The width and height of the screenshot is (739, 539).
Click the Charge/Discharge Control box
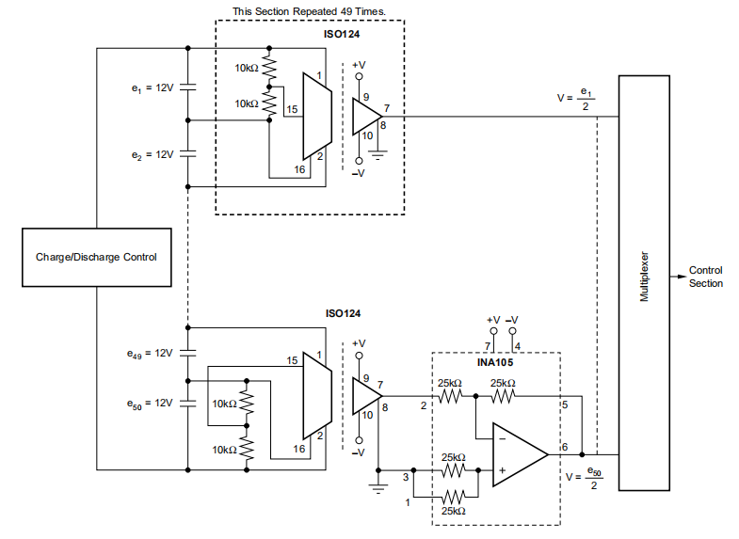96,257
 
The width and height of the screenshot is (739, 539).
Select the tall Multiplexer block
645,279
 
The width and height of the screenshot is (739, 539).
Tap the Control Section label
706,277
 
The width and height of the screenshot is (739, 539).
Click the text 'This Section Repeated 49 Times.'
310,11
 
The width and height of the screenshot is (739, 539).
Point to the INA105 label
496,361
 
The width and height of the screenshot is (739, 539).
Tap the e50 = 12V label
151,402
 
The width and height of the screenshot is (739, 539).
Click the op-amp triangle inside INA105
517,455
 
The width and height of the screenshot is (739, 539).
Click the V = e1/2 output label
575,99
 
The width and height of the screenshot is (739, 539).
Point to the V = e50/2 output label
583,477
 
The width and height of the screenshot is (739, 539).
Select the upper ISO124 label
342,34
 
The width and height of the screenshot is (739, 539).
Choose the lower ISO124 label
342,313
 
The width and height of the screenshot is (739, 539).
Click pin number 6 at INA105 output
565,447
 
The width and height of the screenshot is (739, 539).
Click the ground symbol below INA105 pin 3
379,487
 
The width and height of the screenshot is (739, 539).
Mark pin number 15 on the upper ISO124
292,110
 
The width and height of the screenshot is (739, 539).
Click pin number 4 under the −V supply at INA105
518,346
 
